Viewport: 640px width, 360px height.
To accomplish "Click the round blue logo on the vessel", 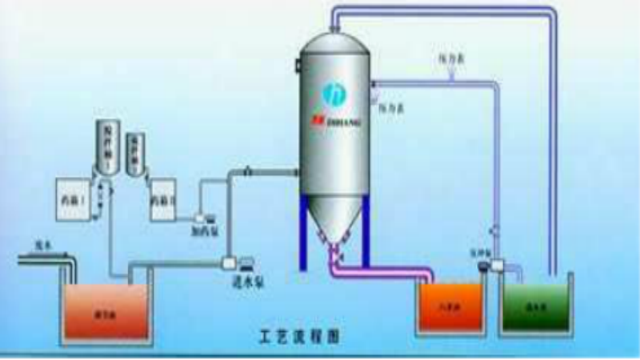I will [332, 94].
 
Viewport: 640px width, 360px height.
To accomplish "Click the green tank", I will [536, 306].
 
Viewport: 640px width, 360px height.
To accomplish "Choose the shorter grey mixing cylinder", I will [135, 152].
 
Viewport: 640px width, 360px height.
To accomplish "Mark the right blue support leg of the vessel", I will [366, 232].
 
